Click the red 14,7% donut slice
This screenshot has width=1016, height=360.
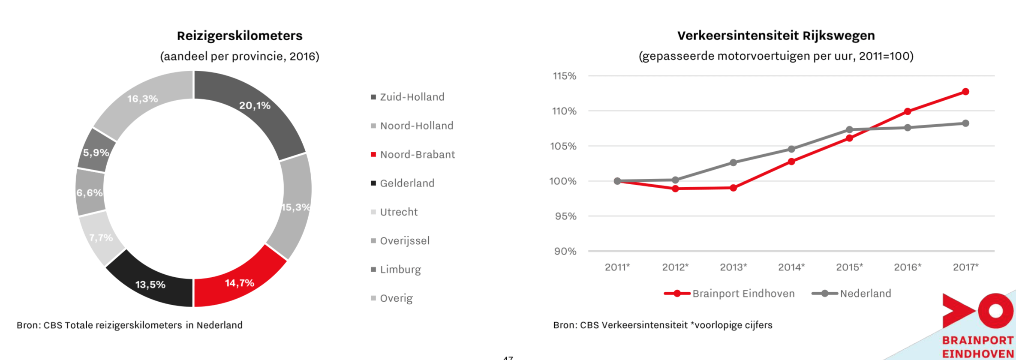point(238,281)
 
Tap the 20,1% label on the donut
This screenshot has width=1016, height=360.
point(255,105)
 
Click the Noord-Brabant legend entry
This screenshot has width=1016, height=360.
point(417,154)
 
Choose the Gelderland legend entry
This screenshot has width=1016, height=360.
point(407,183)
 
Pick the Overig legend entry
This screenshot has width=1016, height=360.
point(396,298)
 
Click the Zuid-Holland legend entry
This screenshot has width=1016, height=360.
point(412,97)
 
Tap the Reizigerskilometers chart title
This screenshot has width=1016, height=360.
point(240,36)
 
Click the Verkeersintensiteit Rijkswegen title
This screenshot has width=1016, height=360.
point(776,36)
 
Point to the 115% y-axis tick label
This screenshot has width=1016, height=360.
point(565,76)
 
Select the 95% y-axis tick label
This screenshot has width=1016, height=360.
point(565,216)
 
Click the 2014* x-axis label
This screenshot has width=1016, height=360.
point(791,267)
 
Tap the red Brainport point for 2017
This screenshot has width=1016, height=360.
point(965,92)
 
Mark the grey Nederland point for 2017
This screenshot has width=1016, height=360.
point(965,123)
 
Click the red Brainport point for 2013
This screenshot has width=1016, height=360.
point(733,188)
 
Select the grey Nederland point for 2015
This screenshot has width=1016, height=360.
point(849,129)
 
